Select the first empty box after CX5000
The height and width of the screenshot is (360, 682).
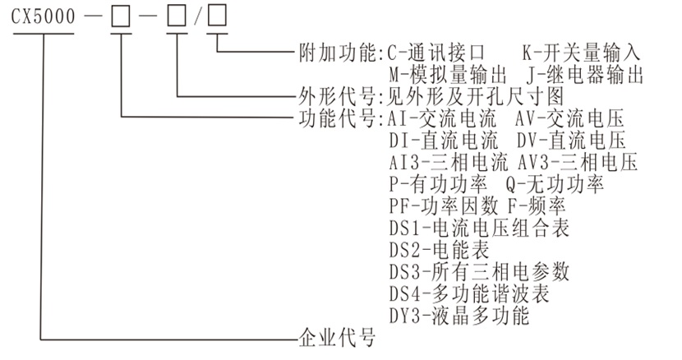point(121,19)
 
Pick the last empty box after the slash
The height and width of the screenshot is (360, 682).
point(219,19)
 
